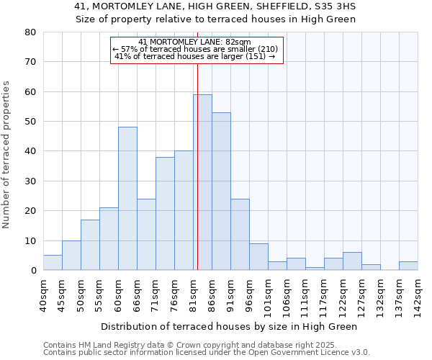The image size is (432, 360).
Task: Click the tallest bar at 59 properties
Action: (202, 182)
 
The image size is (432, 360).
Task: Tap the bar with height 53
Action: (221, 192)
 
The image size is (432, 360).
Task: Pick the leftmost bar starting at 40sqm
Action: (53, 263)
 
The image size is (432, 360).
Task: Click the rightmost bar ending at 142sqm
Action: (408, 266)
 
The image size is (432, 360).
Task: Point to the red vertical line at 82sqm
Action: (197, 166)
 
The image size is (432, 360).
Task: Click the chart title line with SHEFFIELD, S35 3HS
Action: (215, 6)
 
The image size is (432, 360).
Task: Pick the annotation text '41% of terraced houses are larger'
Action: (195, 56)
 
